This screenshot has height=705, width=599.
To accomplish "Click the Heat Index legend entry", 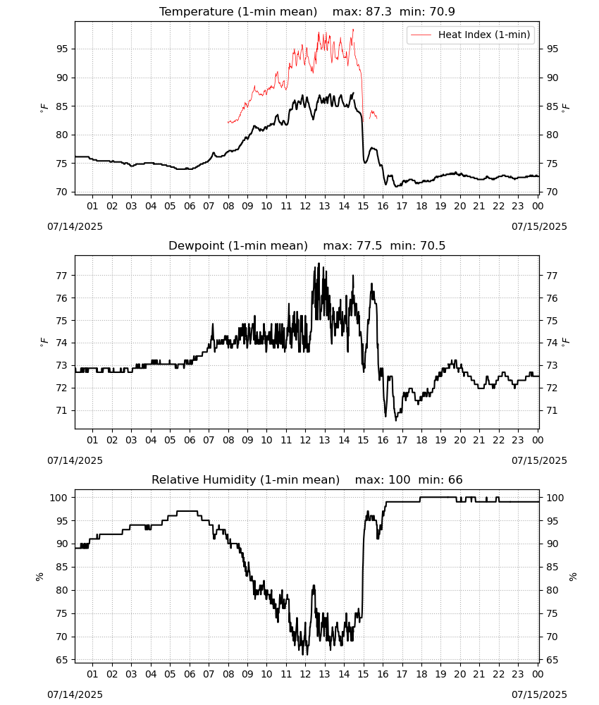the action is click(x=471, y=35).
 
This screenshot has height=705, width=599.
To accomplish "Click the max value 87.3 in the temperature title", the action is click(x=379, y=11).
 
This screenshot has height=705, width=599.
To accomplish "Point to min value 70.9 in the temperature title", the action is click(x=442, y=11).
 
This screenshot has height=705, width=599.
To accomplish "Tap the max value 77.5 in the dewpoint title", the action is click(x=369, y=245).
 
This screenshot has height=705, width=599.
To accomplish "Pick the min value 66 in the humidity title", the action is click(x=455, y=479).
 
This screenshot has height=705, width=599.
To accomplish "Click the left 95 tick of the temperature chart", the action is click(x=62, y=49).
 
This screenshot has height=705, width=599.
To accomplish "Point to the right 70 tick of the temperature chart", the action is click(x=552, y=192).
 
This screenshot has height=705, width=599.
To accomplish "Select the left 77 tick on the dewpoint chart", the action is click(x=62, y=276).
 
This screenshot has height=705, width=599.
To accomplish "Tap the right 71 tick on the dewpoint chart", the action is click(x=552, y=410).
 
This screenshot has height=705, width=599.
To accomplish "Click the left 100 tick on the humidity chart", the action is click(x=59, y=498).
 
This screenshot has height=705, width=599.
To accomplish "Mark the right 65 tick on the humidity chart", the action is click(x=552, y=660).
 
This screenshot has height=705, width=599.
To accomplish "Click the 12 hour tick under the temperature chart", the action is click(x=305, y=206).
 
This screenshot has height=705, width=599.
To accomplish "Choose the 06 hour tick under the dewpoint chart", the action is click(x=190, y=440).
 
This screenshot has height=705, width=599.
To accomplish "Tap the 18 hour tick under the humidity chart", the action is click(x=421, y=674).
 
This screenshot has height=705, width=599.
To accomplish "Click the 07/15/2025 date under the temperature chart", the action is click(x=539, y=226).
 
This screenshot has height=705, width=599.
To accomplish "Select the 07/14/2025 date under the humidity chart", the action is click(x=75, y=694).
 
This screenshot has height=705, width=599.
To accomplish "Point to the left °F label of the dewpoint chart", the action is click(x=44, y=342).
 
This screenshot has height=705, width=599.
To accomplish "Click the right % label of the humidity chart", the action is click(x=572, y=577).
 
